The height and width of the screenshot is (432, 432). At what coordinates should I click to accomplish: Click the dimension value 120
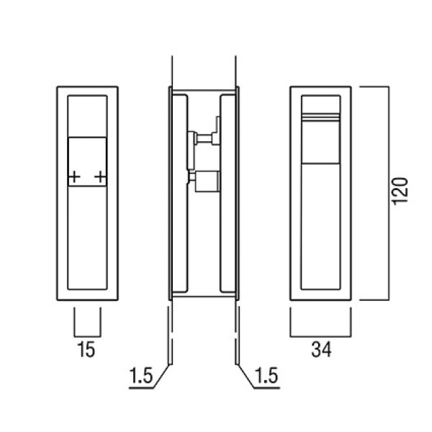coord(400,192)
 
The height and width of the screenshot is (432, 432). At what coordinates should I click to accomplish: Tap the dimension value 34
coord(321,349)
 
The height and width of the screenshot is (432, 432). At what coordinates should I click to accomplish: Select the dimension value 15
coord(86,349)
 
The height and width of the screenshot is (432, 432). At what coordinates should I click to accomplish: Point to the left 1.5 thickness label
coord(141,376)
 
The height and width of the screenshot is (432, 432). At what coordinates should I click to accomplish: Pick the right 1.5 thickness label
coord(266,376)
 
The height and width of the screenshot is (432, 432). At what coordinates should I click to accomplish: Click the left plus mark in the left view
coord(74,176)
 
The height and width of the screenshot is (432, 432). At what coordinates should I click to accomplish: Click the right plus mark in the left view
coord(100,176)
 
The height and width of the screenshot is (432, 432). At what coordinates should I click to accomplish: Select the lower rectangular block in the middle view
coord(207,181)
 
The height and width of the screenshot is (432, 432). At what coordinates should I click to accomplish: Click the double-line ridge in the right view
coord(320,117)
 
